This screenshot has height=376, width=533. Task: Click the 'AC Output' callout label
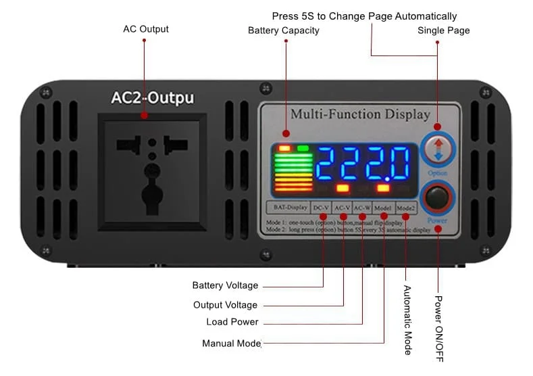[x=145, y=29]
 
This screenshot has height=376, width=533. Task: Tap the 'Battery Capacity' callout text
[x=283, y=30]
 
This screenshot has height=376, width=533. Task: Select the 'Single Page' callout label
[x=443, y=30]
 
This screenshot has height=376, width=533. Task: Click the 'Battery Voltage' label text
[x=224, y=285]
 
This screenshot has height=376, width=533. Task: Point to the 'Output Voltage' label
[x=225, y=305]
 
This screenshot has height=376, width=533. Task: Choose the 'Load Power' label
[x=232, y=322]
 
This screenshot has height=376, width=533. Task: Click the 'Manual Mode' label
[x=231, y=344]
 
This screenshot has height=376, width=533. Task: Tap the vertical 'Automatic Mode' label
[x=407, y=319]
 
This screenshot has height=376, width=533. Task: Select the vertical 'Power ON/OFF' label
[x=438, y=327]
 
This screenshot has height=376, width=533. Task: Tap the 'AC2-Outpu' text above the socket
[x=152, y=98]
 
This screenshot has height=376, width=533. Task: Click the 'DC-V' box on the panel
[x=322, y=207]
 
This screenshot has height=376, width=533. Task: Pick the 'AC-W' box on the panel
[x=363, y=207]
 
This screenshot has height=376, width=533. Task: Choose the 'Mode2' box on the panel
[x=405, y=207]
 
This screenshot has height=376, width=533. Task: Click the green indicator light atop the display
[x=303, y=148]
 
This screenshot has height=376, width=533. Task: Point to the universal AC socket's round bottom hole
[x=152, y=196]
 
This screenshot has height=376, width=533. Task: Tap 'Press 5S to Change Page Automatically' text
[x=364, y=16]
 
